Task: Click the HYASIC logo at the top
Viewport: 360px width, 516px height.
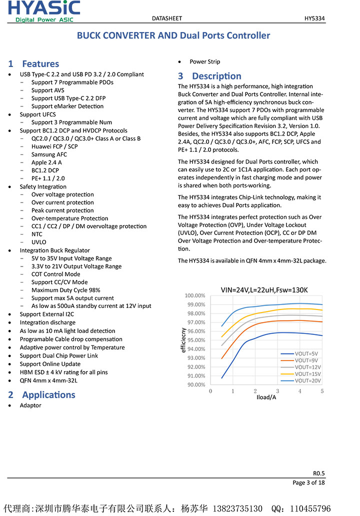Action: pyautogui.click(x=44, y=11)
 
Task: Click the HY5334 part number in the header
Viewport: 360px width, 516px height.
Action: pyautogui.click(x=314, y=18)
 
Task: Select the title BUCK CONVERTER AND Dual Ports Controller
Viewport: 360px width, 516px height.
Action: pyautogui.click(x=173, y=35)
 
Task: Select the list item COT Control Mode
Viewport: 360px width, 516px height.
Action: pyautogui.click(x=55, y=274)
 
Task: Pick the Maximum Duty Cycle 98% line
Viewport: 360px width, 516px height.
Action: pyautogui.click(x=65, y=290)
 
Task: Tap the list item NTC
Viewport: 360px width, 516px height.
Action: pyautogui.click(x=37, y=234)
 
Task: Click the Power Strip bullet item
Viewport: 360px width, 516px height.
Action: pyautogui.click(x=204, y=62)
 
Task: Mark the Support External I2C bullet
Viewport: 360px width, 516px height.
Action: pyautogui.click(x=47, y=314)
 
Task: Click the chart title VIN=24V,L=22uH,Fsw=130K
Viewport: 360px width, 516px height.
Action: pyautogui.click(x=264, y=290)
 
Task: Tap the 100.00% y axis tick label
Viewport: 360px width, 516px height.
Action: pyautogui.click(x=194, y=295)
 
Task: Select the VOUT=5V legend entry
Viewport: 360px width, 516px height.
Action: pyautogui.click(x=306, y=353)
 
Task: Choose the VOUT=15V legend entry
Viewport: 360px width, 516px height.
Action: pyautogui.click(x=307, y=374)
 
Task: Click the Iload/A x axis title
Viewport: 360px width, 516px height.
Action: pyautogui.click(x=266, y=397)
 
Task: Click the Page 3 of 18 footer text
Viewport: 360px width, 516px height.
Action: pyautogui.click(x=308, y=482)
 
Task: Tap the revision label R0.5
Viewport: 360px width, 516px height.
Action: pyautogui.click(x=318, y=473)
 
